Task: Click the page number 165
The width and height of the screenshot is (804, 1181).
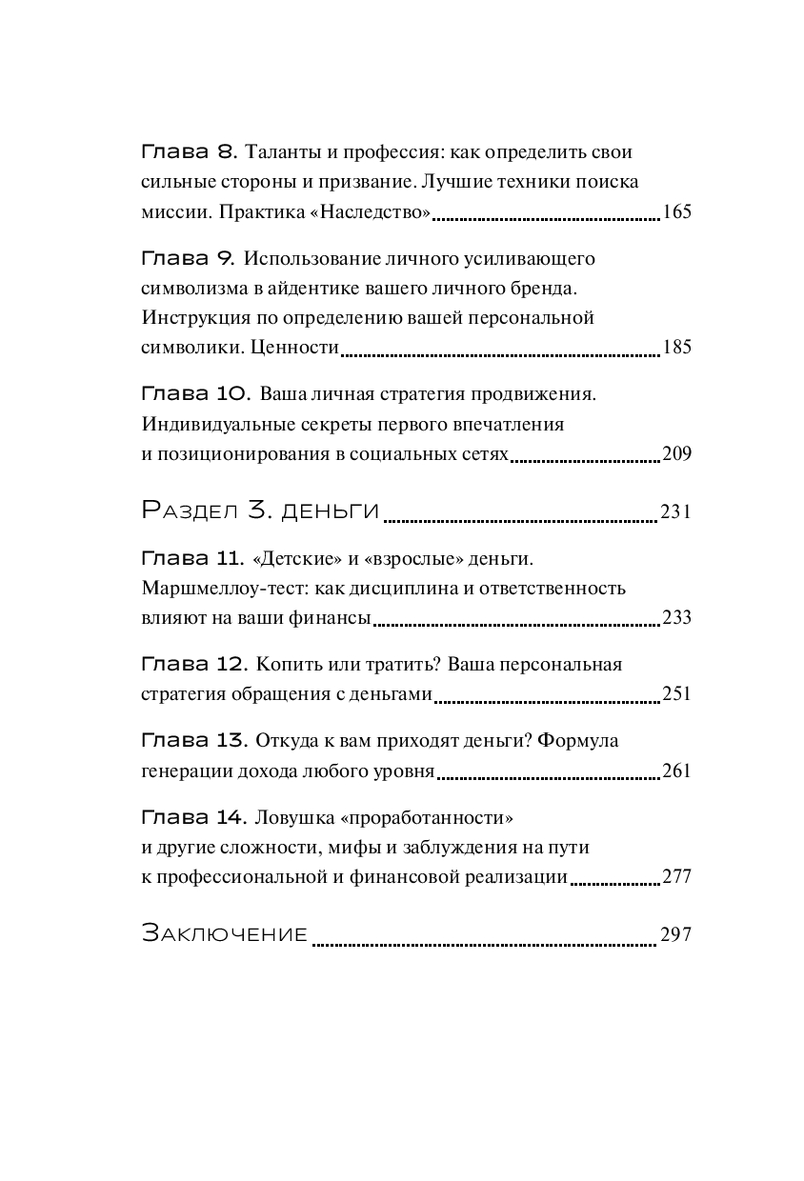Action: coord(675,212)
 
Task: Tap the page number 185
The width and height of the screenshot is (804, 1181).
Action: coord(675,348)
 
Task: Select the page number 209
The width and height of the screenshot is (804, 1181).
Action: coord(675,453)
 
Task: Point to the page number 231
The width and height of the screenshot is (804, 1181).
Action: coord(675,512)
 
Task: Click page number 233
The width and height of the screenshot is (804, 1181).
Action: coord(675,618)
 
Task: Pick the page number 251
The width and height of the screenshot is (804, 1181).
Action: coord(675,694)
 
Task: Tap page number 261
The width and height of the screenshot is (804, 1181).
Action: coord(675,771)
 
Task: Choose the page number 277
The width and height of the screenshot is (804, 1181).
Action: coord(675,877)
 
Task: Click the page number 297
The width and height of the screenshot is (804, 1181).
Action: coord(675,935)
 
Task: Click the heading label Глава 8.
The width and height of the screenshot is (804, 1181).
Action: coord(188,152)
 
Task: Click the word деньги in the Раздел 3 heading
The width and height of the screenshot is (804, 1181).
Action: coord(330,511)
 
